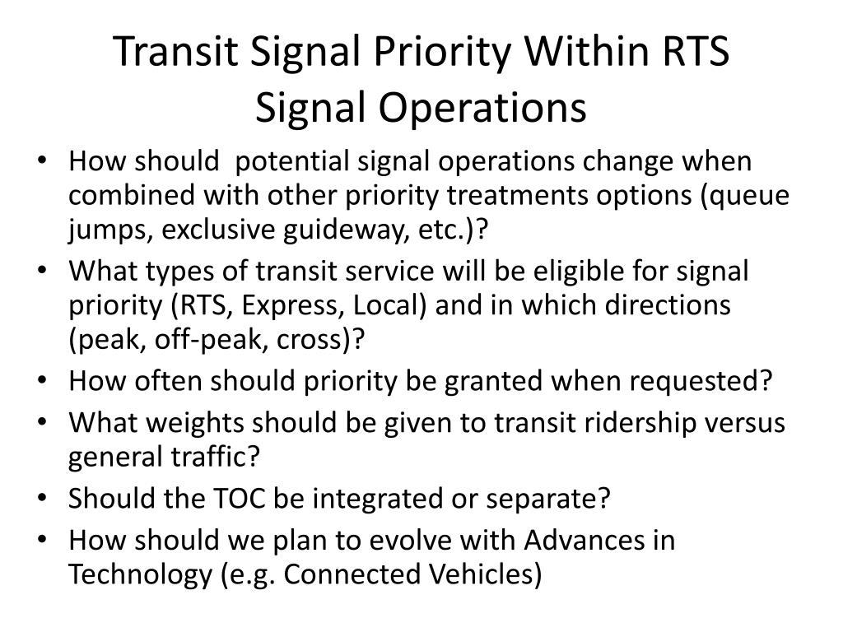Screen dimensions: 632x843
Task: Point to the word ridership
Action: (635, 422)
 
